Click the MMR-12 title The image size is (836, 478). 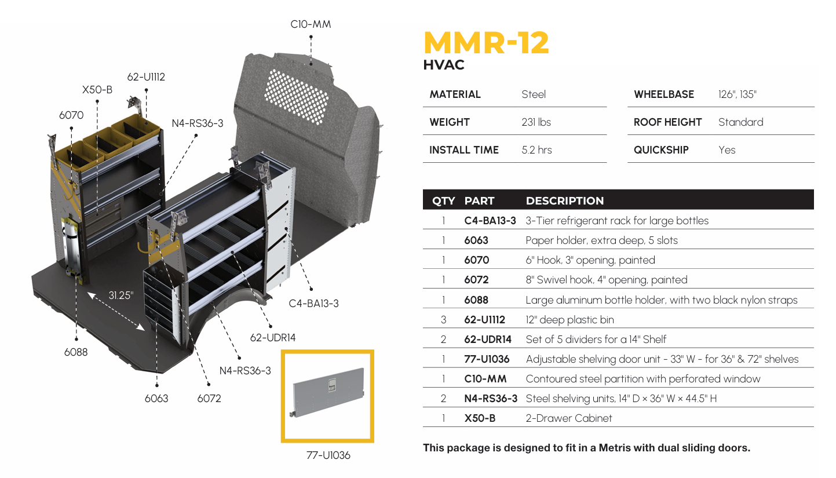tap(486, 43)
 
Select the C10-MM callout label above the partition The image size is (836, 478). tap(311, 24)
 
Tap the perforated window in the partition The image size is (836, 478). tap(296, 96)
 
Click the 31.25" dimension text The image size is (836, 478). tap(121, 295)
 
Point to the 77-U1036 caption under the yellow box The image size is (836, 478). tap(328, 455)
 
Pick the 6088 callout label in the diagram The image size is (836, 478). tap(76, 352)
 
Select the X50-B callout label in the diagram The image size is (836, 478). tap(97, 90)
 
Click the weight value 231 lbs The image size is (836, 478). tap(536, 122)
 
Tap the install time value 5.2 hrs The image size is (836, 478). tap(536, 150)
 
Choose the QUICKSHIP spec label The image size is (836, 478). tap(661, 150)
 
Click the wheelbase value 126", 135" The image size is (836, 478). tap(737, 94)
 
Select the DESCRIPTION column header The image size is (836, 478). tap(564, 201)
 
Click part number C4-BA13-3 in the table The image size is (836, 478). tap(490, 221)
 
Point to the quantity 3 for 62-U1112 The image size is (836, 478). tap(443, 320)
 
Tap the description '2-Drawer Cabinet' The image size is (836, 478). tap(568, 418)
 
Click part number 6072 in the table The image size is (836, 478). tap(476, 280)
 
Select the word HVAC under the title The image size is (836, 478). tap(444, 65)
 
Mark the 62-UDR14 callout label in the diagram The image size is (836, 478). tap(272, 337)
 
